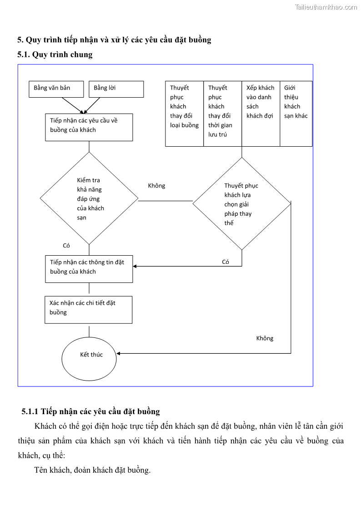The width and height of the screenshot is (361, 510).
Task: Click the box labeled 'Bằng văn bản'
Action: (56, 89)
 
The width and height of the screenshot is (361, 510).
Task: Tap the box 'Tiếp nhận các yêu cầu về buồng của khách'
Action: (89, 127)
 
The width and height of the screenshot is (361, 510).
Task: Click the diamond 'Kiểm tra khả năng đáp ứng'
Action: (89, 198)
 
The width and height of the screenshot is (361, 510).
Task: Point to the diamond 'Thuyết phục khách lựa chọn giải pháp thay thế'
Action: (241, 203)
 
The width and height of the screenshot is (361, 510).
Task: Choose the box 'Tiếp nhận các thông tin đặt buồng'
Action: (89, 268)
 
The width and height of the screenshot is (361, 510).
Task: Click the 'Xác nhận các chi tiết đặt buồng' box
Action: (88, 309)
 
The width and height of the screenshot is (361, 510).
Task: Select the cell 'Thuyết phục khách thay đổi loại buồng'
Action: (184, 113)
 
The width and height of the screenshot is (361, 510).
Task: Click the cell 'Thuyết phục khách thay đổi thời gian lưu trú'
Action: (222, 113)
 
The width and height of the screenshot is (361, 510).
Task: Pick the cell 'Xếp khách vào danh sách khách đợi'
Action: (261, 113)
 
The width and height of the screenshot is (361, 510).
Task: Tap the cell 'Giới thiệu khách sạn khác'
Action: (296, 113)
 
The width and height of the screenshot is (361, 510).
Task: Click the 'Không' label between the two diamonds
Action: (157, 186)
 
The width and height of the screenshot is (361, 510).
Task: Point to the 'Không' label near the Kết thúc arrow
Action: (265, 338)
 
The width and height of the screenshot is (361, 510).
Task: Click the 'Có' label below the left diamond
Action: (66, 246)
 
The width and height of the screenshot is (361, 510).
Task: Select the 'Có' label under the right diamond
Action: (226, 262)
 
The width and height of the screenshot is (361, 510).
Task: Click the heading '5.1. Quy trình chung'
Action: (55, 54)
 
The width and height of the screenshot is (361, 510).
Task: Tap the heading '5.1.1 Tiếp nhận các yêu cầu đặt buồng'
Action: (90, 411)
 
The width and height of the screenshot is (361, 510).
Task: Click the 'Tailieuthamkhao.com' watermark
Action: (326, 7)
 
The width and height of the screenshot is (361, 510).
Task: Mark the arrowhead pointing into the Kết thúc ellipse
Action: (119, 353)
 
